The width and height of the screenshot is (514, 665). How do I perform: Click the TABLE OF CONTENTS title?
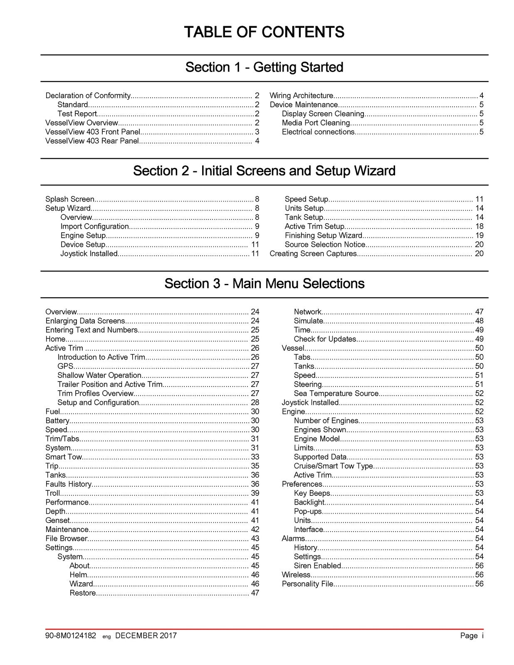264,32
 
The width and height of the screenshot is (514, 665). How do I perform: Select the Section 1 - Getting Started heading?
264,67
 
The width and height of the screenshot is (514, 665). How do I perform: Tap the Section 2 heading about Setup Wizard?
264,171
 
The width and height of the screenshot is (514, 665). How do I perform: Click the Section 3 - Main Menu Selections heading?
264,283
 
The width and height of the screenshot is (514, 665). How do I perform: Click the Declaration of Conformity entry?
88,96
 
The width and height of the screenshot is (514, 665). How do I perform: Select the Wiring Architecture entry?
301,96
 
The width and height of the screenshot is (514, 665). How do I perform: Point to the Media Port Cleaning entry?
316,123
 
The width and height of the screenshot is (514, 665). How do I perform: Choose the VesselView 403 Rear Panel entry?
92,141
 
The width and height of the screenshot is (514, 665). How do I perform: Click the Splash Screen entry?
70,199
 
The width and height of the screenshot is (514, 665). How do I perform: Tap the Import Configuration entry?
95,227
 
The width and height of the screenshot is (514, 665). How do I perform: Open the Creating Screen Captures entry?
313,254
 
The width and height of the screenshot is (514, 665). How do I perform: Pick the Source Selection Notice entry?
325,244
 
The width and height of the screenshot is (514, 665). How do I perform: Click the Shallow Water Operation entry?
99,375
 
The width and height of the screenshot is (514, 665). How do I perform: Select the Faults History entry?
68,484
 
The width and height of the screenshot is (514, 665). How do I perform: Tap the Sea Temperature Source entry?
336,393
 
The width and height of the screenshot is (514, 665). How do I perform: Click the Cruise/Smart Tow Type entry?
333,466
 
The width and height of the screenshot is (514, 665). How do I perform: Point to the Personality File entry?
307,584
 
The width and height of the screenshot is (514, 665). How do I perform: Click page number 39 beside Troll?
255,493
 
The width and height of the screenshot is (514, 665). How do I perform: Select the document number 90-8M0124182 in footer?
71,635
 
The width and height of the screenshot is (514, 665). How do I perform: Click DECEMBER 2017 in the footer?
146,635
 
